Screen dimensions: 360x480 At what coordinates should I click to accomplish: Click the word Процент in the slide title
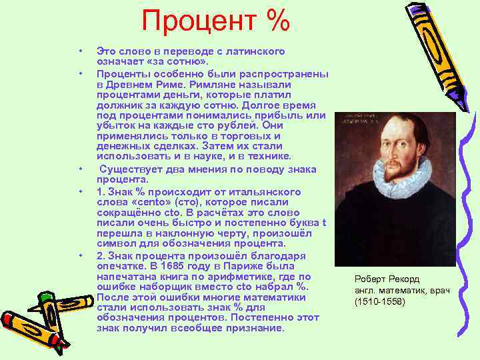point(193,21)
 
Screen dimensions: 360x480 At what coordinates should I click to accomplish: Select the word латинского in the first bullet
point(257,51)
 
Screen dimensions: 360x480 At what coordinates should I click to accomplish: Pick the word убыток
point(114,125)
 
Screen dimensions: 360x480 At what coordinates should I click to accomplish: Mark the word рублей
point(239,125)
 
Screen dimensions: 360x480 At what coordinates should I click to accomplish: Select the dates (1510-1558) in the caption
point(379,301)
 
